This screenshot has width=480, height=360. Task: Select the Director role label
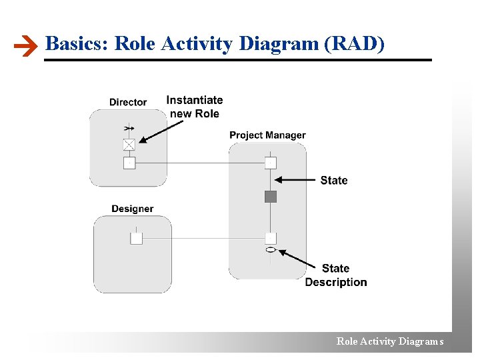128,102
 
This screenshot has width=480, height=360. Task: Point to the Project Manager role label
267,135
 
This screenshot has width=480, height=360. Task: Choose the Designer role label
132,209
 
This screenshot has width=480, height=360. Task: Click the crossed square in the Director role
129,144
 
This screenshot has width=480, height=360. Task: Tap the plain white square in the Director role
129,163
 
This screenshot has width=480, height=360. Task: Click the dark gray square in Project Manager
270,196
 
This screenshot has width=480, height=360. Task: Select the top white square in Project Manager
270,163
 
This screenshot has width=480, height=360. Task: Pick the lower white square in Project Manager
270,238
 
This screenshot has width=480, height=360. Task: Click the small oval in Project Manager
270,250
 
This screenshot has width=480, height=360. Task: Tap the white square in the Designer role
136,238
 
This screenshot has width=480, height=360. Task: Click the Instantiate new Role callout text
194,107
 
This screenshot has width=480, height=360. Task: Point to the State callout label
334,180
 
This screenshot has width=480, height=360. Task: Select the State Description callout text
336,275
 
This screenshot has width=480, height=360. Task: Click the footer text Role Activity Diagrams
389,341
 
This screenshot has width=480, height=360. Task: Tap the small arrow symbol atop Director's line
129,127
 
